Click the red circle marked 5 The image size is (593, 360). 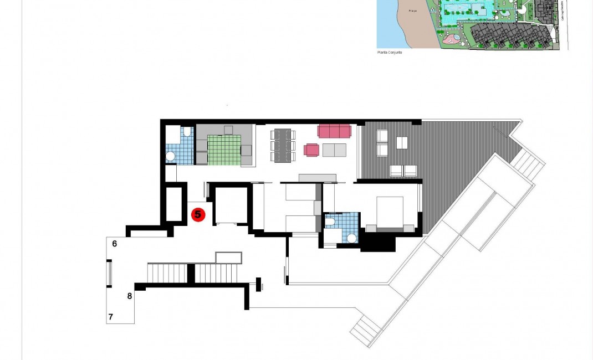(198, 214)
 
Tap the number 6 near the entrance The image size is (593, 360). (114, 243)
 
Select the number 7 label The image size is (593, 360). (111, 317)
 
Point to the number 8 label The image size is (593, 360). (130, 296)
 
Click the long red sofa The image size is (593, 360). (334, 131)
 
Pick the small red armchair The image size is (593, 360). (311, 150)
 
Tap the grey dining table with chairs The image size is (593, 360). (283, 145)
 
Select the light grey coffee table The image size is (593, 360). (334, 150)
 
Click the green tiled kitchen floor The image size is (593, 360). (224, 151)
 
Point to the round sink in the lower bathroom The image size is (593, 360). (351, 239)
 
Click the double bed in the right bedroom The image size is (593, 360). (392, 213)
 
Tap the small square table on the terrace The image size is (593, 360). (402, 143)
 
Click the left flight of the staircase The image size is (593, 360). (166, 272)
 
